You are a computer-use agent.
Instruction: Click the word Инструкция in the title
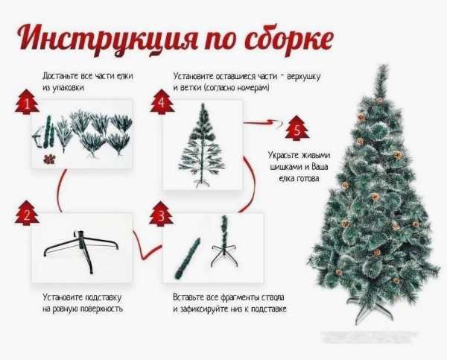108,39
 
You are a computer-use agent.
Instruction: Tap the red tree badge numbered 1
27,102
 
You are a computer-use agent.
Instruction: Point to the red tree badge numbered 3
161,214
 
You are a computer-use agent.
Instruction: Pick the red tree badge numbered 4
162,102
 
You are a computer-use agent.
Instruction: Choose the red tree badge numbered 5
297,128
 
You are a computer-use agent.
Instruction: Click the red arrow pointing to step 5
263,122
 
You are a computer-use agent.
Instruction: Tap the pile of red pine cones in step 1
49,160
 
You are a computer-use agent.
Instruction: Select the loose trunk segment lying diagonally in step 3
187,258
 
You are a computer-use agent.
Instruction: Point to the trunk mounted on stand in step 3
224,241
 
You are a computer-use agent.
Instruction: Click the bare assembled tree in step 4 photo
202,145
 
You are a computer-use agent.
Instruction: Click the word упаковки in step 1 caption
69,88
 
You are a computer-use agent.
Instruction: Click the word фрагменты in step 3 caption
239,297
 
